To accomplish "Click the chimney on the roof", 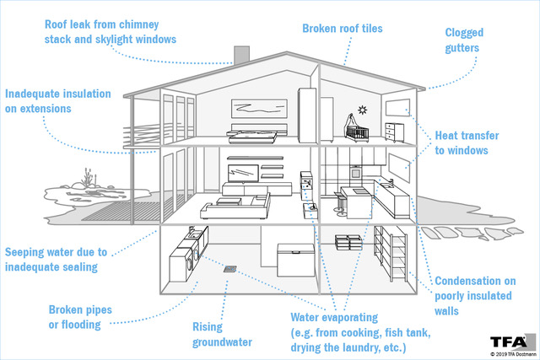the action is pos(241,55).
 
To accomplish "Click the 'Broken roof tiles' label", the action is pos(343,28).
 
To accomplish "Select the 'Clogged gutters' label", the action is pos(463,40).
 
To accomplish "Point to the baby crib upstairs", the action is pos(357,129).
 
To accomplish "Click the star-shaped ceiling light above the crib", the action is pos(362,110).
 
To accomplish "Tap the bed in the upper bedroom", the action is pos(256,133).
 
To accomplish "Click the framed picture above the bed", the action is pos(259,109).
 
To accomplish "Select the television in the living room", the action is pos(243,173).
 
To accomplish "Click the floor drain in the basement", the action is pos(229,269).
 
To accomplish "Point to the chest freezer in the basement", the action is pos(296,260).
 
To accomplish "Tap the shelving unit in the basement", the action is pos(391,253).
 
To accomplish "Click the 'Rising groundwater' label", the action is pos(222,334).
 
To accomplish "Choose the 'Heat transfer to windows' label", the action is pos(467,142).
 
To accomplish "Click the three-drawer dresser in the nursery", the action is pos(394,132).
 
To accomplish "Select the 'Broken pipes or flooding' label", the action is pos(80,317).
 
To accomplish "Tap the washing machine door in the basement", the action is pos(195,255).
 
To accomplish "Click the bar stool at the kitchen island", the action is pos(340,204).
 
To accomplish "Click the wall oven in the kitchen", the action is pos(355,172).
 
